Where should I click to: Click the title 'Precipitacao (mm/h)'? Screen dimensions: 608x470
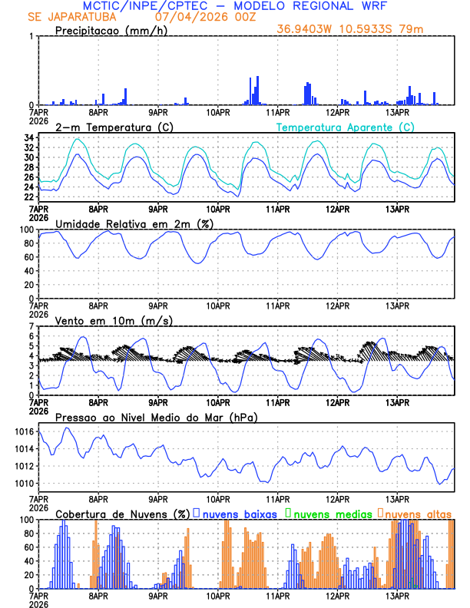click(x=110, y=31)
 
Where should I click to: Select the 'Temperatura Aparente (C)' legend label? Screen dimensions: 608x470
click(x=345, y=127)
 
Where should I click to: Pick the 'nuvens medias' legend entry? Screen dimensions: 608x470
click(x=330, y=513)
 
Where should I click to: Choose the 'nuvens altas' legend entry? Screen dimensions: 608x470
click(x=417, y=513)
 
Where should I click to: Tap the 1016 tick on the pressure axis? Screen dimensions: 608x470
click(x=25, y=432)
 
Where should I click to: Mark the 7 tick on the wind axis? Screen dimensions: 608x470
click(x=31, y=326)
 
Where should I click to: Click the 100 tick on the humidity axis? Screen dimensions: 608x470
click(x=25, y=230)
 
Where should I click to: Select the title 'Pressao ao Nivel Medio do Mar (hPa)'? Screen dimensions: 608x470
click(x=156, y=418)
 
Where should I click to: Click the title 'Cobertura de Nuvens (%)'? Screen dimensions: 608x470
click(x=122, y=513)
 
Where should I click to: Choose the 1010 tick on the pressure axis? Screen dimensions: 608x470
click(x=25, y=484)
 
